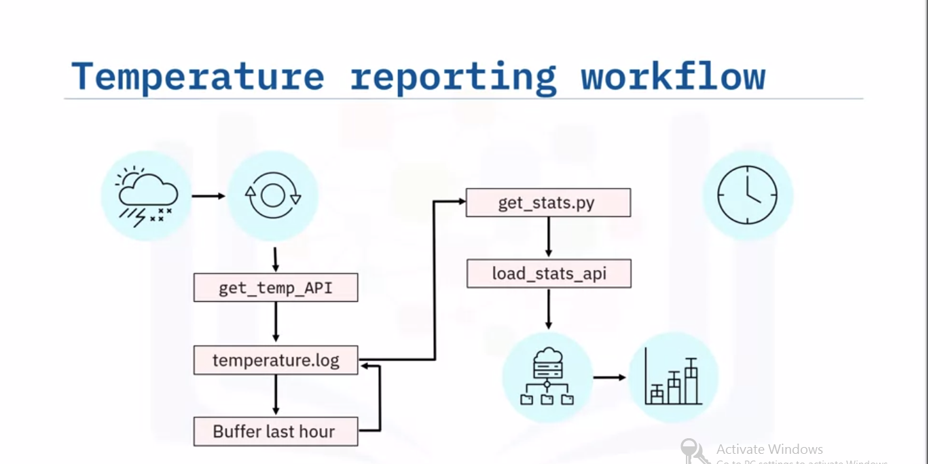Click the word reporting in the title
453,77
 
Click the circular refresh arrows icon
272,196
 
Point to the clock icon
747,195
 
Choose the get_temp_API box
276,288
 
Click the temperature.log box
276,360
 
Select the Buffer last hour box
275,431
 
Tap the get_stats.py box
547,203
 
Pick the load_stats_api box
549,273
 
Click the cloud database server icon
547,377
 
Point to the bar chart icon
673,377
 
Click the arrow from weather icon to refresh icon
208,196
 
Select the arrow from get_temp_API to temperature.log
276,322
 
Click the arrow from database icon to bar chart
609,377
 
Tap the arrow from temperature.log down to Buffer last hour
276,395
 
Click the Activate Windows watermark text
769,449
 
